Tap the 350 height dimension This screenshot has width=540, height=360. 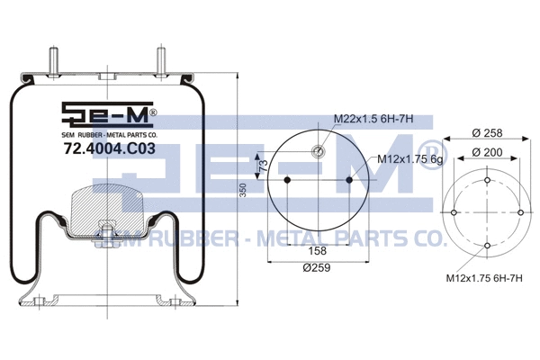(x=242, y=193)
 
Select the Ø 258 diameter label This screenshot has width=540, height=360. (x=487, y=133)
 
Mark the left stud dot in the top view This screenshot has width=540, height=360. (x=286, y=181)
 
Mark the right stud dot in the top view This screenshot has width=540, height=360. (x=349, y=181)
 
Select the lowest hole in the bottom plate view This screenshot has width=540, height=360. (x=487, y=245)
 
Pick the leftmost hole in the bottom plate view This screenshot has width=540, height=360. (x=454, y=212)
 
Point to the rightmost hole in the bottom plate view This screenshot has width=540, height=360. (x=519, y=212)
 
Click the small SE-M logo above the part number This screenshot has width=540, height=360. (x=109, y=115)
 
